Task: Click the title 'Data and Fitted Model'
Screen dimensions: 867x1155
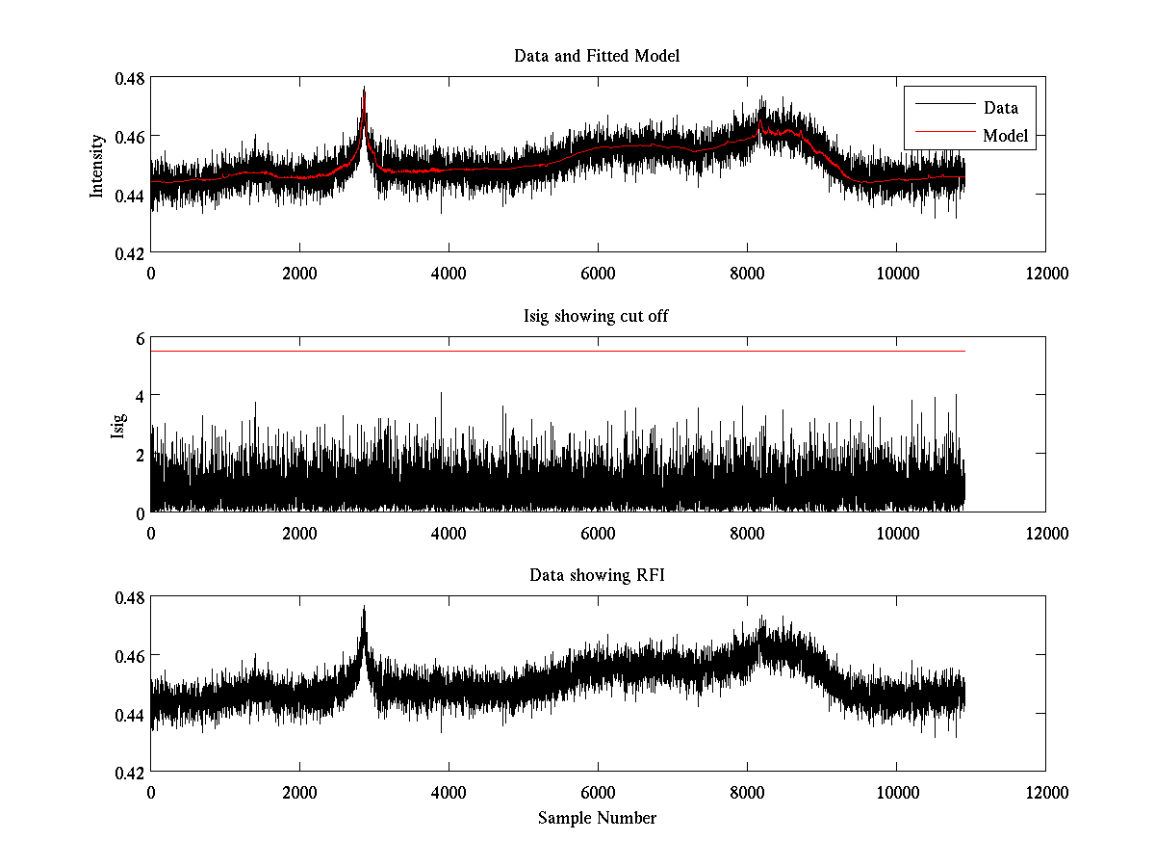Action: (597, 56)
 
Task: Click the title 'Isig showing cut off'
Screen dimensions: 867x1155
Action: (597, 316)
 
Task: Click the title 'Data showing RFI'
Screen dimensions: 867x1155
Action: (597, 575)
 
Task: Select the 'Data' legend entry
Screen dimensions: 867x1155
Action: (1000, 108)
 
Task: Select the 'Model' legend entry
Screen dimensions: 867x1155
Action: (1005, 136)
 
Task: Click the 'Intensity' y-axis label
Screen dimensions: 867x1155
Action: (96, 166)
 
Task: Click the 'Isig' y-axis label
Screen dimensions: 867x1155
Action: (117, 425)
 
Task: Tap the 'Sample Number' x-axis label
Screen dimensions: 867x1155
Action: (597, 818)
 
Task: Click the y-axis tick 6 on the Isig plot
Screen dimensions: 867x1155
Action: (139, 338)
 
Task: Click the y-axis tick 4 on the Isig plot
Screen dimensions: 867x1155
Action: (139, 396)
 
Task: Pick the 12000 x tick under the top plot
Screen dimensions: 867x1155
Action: (1045, 274)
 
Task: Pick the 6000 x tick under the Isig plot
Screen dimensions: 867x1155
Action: (598, 533)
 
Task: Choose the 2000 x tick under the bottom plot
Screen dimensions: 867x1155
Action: (299, 793)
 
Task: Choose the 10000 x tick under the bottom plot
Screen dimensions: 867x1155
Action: (896, 793)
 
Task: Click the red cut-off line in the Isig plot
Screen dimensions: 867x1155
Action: (558, 352)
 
